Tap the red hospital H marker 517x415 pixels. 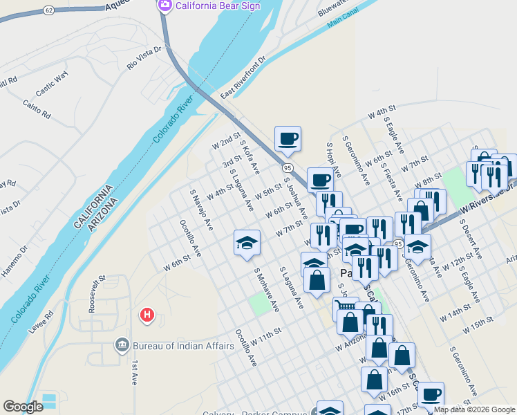point(147,315)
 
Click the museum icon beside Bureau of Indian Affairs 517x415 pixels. point(122,344)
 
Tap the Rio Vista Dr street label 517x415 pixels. point(144,58)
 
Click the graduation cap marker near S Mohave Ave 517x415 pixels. point(247,243)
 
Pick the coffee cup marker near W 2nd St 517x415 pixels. point(288,138)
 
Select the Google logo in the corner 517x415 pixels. point(23,407)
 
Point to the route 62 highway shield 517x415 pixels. point(48,10)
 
